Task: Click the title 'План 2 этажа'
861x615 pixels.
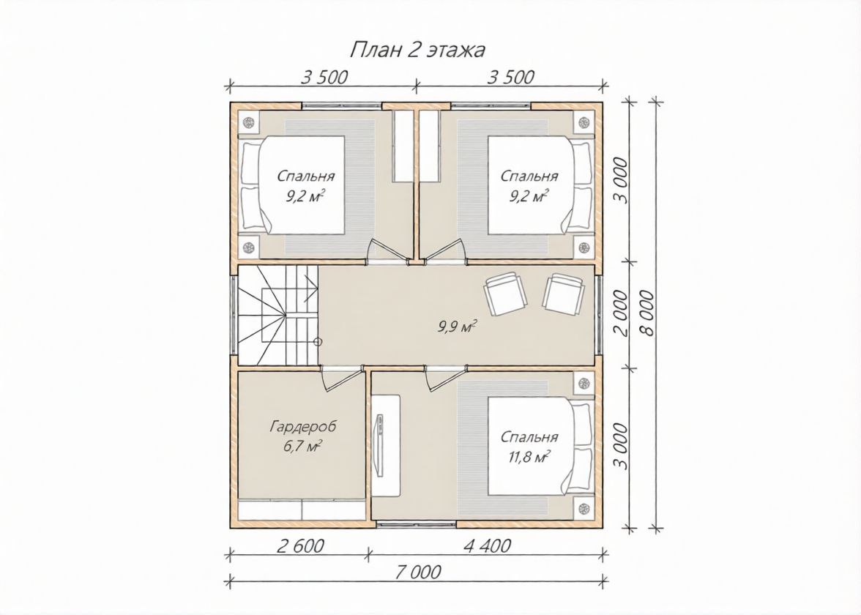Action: (x=417, y=50)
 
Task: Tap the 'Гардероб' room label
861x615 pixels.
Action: (x=303, y=427)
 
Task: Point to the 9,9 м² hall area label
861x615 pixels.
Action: (x=456, y=328)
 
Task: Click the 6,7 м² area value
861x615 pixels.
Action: (x=302, y=446)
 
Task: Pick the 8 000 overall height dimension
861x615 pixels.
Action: (x=648, y=313)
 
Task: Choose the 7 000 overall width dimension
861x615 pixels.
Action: (x=417, y=572)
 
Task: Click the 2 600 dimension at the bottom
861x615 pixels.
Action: (x=301, y=546)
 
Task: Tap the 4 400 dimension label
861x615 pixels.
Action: (x=487, y=546)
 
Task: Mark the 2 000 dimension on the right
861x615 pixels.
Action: (x=621, y=313)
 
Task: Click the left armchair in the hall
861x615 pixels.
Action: (x=504, y=294)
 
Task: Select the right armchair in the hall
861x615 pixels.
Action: (x=563, y=294)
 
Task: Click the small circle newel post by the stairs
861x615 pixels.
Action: (x=318, y=341)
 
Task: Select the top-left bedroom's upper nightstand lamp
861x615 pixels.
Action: (x=249, y=122)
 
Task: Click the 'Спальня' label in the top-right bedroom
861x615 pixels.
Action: (x=529, y=176)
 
